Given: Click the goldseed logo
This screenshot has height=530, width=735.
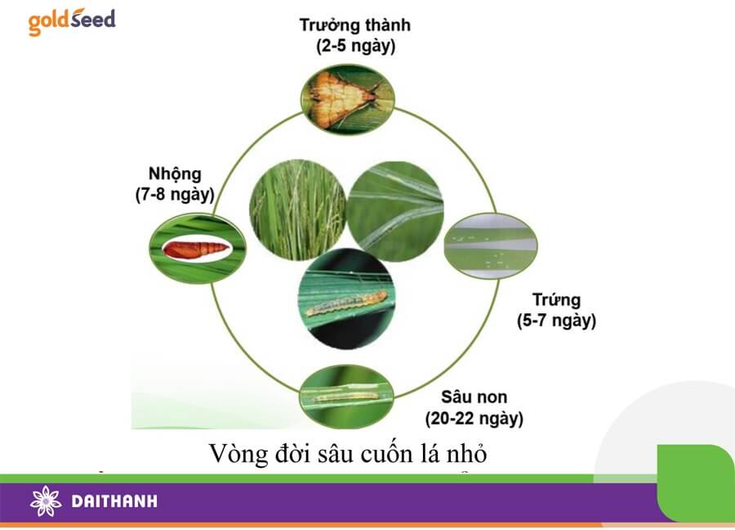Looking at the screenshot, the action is tap(72, 21).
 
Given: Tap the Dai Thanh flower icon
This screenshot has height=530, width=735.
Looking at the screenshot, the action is tap(46, 501).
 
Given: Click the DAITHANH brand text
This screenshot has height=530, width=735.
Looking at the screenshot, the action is tap(114, 501).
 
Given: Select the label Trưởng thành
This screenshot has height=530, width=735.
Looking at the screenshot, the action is tap(355, 25).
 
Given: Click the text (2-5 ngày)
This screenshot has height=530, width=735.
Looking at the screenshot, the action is tap(355, 47).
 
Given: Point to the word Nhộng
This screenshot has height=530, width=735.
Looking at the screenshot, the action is tap(175, 174).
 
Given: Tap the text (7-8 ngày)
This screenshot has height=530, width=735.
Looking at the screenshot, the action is tap(175, 195).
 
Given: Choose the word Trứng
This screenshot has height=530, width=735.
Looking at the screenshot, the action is tap(556, 299).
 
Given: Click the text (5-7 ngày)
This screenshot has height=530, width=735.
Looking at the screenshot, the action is tap(556, 321).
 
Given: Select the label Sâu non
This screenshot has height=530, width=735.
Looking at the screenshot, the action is tap(474, 397).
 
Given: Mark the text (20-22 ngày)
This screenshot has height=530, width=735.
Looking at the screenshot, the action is tap(474, 418).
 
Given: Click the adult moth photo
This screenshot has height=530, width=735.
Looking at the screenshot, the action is tap(347, 99).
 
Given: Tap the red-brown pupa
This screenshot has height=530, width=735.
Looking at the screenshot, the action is tap(196, 249).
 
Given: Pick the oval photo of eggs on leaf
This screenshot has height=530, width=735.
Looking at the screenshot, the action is tap(490, 246).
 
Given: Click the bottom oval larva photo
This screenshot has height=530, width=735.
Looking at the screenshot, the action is tap(346, 397).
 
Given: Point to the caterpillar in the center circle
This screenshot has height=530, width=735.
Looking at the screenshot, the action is tap(346, 303).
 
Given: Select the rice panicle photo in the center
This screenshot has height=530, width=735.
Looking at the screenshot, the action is tap(297, 210).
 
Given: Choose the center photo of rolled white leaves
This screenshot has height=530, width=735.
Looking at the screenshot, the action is tap(395, 211).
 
